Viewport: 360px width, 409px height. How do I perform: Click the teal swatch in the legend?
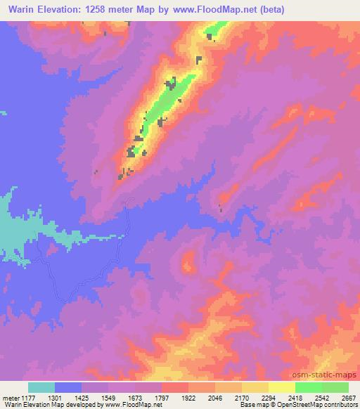[x=41, y=387]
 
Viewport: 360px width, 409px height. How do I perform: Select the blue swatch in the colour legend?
[x=68, y=387]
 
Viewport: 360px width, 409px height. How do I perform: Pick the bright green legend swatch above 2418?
[x=309, y=387]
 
